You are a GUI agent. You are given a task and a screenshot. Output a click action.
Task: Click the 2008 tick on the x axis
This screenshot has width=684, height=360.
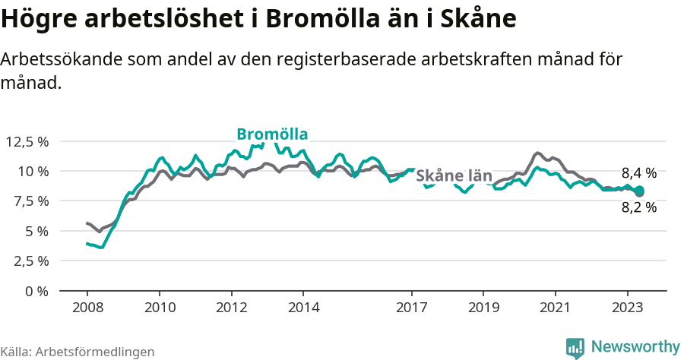(x=87, y=308)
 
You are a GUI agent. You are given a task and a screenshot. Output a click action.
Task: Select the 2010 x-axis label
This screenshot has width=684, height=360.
(x=159, y=308)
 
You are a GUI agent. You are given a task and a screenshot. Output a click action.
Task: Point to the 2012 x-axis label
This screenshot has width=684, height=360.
(x=231, y=308)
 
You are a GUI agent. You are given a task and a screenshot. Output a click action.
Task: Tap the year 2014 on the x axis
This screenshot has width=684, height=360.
(x=303, y=308)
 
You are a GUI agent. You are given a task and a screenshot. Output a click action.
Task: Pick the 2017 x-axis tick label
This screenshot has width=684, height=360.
(x=411, y=308)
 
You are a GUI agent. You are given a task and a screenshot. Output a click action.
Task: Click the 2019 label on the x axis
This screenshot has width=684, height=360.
(x=483, y=308)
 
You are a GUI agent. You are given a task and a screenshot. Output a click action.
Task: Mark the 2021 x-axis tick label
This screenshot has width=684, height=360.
(x=556, y=308)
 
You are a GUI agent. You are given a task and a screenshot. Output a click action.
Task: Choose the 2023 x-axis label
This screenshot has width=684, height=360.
(x=628, y=308)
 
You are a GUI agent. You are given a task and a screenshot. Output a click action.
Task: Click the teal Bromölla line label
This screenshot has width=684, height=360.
(x=272, y=134)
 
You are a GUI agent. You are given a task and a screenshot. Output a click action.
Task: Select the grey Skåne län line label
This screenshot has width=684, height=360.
(x=454, y=176)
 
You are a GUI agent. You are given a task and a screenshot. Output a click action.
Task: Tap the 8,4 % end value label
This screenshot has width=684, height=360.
(x=638, y=172)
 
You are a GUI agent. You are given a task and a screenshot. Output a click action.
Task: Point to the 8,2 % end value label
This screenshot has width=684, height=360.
(x=638, y=207)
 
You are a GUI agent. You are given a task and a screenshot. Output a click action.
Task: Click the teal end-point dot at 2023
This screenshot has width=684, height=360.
(x=639, y=191)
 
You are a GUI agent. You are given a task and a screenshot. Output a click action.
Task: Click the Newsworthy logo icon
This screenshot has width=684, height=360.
(x=575, y=347)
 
